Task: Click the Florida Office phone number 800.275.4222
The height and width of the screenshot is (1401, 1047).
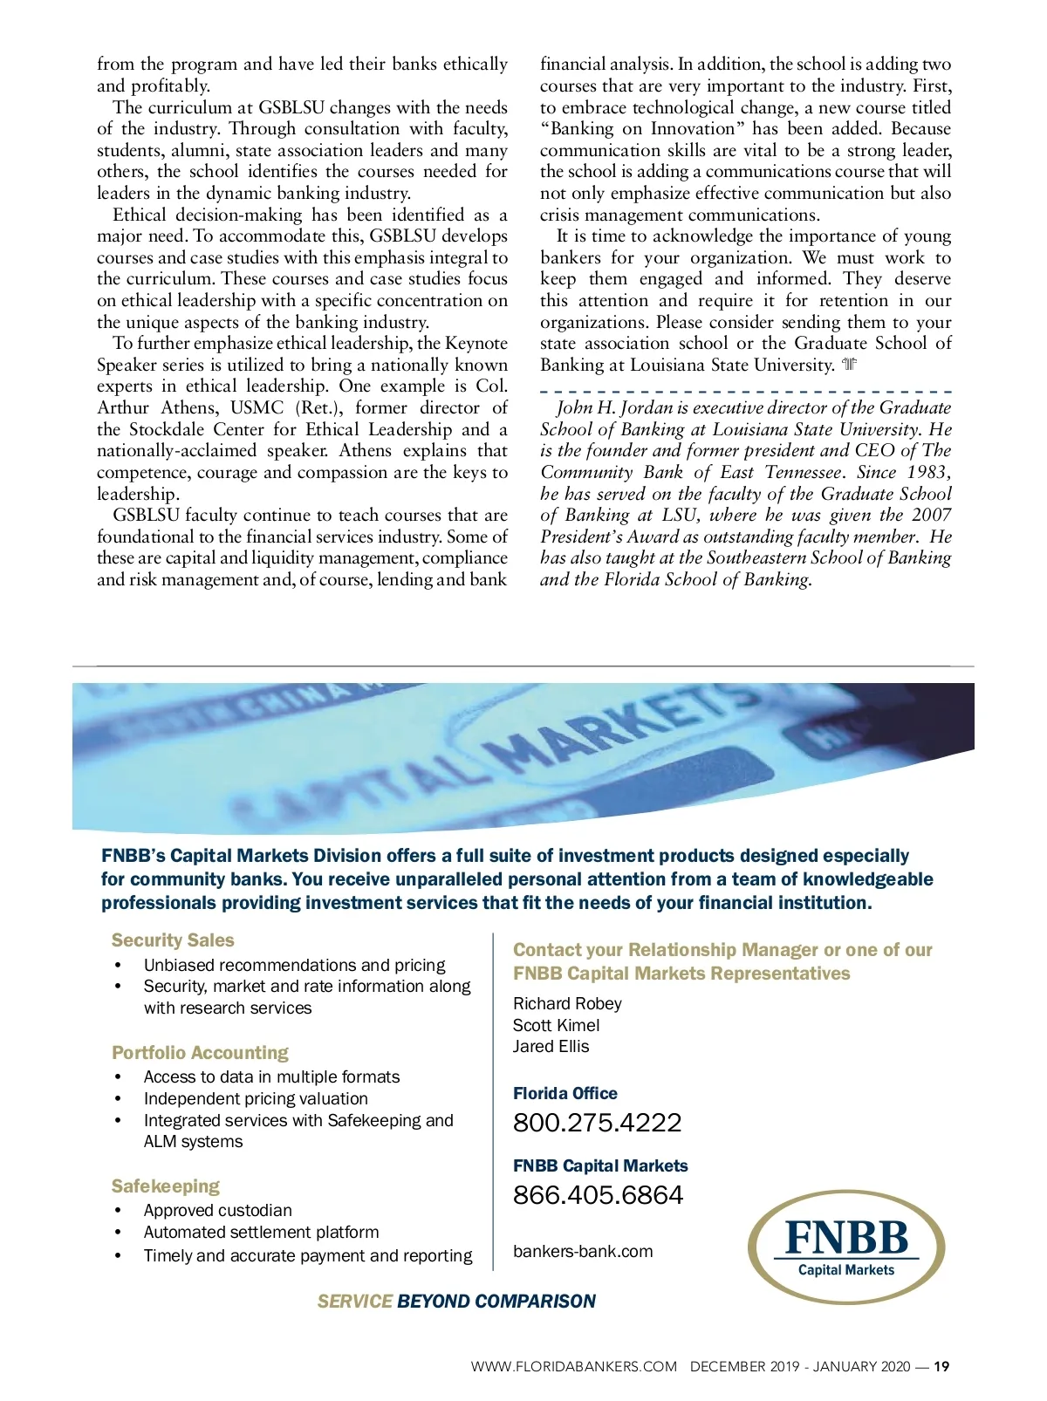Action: pyautogui.click(x=597, y=1123)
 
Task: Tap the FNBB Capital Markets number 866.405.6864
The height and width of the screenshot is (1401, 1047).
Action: pyautogui.click(x=598, y=1195)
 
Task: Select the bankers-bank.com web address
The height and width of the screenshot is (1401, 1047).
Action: pyautogui.click(x=583, y=1252)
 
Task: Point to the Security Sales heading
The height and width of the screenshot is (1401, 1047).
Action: pyautogui.click(x=173, y=940)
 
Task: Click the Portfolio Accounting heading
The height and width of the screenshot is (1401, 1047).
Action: pyautogui.click(x=200, y=1053)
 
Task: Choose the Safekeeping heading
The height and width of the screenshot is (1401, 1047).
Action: pyautogui.click(x=166, y=1186)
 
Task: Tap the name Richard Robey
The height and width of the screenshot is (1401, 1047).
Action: pyautogui.click(x=567, y=1004)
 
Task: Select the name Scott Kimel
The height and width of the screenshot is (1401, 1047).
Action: pyautogui.click(x=556, y=1026)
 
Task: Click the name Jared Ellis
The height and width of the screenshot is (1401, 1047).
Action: pyautogui.click(x=551, y=1047)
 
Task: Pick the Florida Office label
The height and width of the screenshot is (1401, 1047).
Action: pyautogui.click(x=565, y=1094)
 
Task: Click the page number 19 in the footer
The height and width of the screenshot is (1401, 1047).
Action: pyautogui.click(x=941, y=1367)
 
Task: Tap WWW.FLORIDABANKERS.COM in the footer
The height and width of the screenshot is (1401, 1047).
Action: pyautogui.click(x=573, y=1367)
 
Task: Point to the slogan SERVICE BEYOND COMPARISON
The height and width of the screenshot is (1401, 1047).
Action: pyautogui.click(x=456, y=1302)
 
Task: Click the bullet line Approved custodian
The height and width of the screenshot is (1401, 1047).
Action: pyautogui.click(x=217, y=1211)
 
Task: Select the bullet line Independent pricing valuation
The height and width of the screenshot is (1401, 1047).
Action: pyautogui.click(x=256, y=1099)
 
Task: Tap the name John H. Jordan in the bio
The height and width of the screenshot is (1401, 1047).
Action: pyautogui.click(x=614, y=408)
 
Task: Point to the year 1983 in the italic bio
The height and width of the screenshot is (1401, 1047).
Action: pyautogui.click(x=927, y=473)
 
